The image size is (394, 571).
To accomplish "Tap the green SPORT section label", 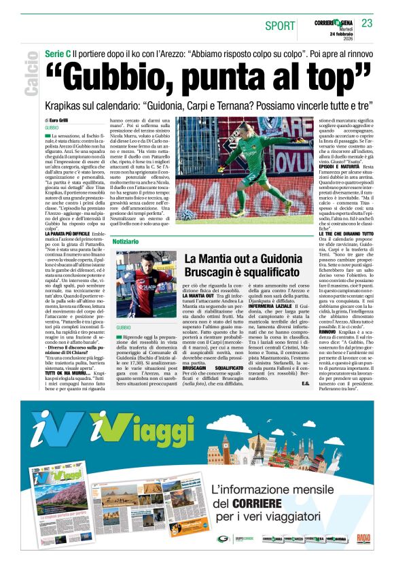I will (280, 26).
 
